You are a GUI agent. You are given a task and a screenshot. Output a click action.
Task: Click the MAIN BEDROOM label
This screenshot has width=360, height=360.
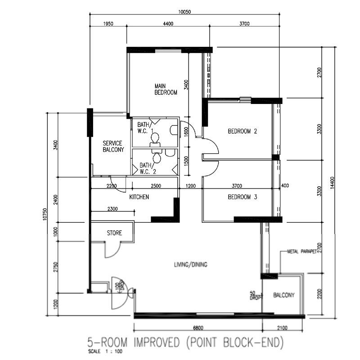pos(166,89)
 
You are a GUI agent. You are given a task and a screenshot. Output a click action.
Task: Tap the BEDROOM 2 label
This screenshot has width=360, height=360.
pos(242,131)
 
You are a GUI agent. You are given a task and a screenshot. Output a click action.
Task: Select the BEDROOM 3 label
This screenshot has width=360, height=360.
pos(242,197)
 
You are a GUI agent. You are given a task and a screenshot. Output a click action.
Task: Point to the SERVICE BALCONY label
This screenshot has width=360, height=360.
pos(112,146)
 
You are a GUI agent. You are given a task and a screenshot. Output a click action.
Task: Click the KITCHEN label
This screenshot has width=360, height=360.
pos(139,197)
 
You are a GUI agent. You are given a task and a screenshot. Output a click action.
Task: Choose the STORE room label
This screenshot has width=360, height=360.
pos(114,233)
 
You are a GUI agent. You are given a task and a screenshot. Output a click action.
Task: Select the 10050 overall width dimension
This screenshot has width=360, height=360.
pos(185,12)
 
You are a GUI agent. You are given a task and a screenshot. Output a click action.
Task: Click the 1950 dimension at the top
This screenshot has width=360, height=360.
pos(108,24)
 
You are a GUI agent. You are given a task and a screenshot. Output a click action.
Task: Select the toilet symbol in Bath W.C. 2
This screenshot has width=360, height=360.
pos(157,158)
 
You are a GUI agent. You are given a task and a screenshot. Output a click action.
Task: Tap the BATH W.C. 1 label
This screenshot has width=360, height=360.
pos(144,127)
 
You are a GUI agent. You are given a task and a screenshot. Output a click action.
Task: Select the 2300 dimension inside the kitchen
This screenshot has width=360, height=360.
pos(113,209)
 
